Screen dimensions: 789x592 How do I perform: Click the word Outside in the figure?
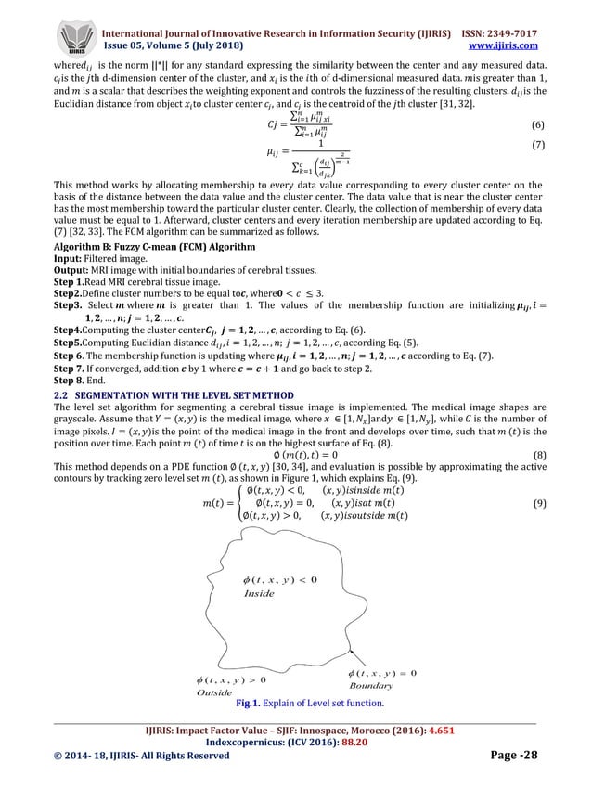(215, 692)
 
